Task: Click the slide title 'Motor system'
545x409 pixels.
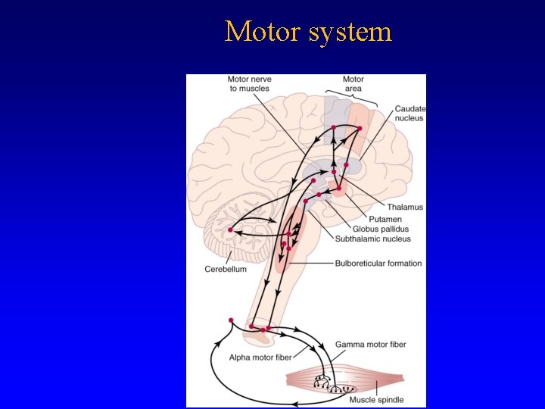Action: coord(308,32)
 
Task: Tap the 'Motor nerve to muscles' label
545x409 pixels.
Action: coord(249,83)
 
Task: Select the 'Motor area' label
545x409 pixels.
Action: coord(353,83)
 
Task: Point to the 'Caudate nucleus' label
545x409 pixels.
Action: coord(410,114)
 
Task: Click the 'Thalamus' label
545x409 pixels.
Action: coord(405,207)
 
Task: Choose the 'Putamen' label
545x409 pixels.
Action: coord(385,219)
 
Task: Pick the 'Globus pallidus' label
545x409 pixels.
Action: coord(380,229)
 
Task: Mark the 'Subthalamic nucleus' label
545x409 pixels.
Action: coord(374,239)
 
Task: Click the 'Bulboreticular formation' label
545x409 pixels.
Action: coord(378,264)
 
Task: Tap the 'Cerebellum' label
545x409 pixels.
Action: coord(226,269)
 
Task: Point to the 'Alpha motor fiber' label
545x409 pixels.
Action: coord(260,357)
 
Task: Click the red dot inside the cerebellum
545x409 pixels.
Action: coord(230,229)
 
